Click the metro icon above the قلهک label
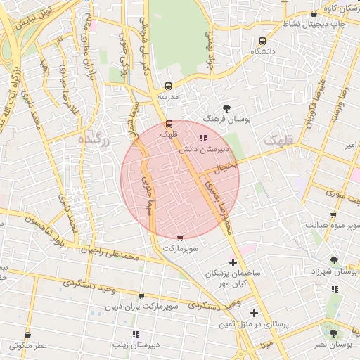point(167,124)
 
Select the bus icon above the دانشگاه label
point(262,41)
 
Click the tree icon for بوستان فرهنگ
point(226,108)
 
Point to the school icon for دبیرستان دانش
point(203,139)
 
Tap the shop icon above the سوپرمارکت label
point(181,238)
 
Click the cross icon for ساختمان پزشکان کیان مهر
point(233,262)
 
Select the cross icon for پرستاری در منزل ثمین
point(254,313)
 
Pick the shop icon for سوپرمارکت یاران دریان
point(142,296)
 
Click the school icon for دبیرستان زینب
point(135,333)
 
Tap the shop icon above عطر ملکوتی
point(28,335)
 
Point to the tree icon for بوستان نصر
point(333,334)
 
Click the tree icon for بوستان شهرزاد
point(333,259)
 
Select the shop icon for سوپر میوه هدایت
point(333,215)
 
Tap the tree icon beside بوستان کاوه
point(314,14)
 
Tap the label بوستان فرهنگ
point(226,120)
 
